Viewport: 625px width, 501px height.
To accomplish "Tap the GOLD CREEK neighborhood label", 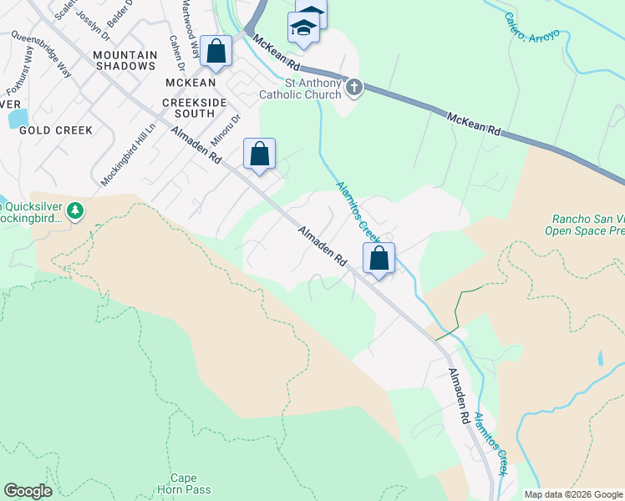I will tap(56, 130).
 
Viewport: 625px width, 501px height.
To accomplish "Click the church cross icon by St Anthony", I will tap(354, 88).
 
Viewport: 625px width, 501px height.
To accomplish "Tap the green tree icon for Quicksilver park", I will tap(76, 210).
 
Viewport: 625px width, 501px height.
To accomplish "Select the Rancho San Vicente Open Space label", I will tap(585, 225).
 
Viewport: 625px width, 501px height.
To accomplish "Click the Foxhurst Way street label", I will tap(18, 79).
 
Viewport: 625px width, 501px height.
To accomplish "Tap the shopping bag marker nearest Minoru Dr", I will tap(259, 154).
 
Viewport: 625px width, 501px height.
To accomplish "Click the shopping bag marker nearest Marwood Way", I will tap(216, 51).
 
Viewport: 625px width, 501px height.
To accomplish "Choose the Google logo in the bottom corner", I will tap(28, 491).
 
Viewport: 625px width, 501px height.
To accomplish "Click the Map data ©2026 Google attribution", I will tap(573, 494).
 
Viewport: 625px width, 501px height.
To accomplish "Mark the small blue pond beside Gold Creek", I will tap(18, 118).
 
